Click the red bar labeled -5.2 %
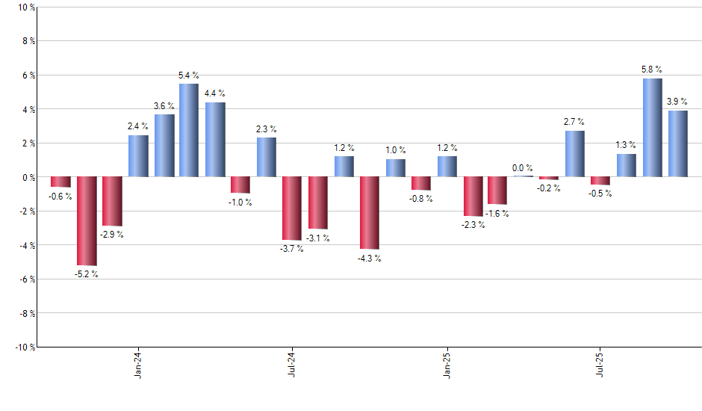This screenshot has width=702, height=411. click(x=87, y=220)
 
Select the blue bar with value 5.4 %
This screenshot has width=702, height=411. click(x=189, y=130)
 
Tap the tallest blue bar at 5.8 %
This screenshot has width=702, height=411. click(x=652, y=127)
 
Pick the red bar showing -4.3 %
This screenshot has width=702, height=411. click(x=369, y=213)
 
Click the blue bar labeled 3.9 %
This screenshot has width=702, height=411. click(x=678, y=143)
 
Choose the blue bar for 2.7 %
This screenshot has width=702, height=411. click(x=574, y=154)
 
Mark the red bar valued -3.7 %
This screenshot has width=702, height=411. click(x=292, y=208)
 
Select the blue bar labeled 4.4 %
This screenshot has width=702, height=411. click(x=215, y=140)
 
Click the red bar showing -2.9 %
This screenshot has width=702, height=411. click(x=112, y=201)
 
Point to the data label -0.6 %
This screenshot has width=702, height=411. click(x=60, y=197)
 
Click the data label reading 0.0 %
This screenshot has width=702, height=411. click(x=523, y=168)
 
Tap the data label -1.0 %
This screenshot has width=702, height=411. click(x=240, y=203)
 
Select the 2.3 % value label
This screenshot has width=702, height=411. click(x=266, y=129)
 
